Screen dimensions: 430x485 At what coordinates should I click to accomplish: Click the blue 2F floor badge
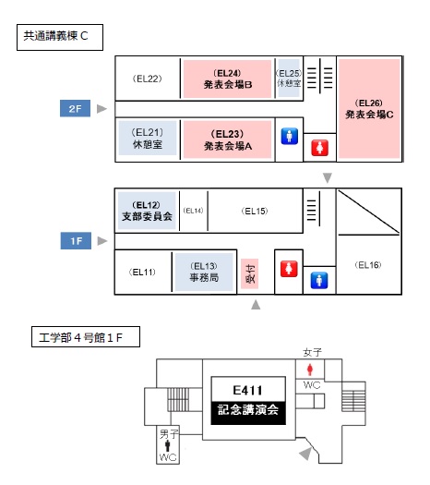coord(75,108)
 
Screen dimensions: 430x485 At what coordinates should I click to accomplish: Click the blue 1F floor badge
coord(76,240)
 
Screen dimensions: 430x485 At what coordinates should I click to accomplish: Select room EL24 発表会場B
coord(227,79)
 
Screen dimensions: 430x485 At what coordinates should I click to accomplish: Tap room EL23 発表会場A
coord(227,139)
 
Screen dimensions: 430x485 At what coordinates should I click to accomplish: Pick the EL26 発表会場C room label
coord(369,109)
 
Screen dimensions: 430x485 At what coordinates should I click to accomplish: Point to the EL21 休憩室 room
coord(148,138)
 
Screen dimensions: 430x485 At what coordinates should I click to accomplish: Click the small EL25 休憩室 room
coord(289,78)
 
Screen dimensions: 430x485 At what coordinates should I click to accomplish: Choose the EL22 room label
coord(148,79)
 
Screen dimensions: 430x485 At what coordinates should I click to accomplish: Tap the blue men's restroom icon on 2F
coord(290,136)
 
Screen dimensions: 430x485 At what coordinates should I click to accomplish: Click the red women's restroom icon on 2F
coord(319,148)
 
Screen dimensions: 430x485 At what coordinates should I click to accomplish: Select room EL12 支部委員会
coord(147,211)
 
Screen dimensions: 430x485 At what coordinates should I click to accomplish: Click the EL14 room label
coord(193,211)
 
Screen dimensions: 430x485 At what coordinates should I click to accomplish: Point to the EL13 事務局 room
coord(204,273)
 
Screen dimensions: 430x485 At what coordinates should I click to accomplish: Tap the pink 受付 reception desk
coord(249,273)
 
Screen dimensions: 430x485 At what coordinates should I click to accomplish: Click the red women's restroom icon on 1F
coord(289,269)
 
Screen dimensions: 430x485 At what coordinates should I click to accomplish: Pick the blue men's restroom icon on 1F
coord(319,280)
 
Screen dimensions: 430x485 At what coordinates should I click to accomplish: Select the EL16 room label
coord(368,265)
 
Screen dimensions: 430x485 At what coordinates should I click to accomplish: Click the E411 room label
coord(248,390)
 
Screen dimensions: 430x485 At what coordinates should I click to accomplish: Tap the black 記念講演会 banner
coord(248,413)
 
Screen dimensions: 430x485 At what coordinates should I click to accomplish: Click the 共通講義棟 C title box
coord(60,37)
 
